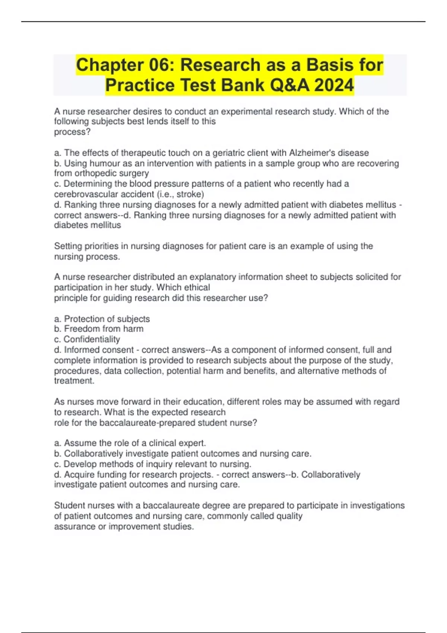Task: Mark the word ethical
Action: [x=197, y=287]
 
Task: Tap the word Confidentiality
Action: [x=92, y=340]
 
